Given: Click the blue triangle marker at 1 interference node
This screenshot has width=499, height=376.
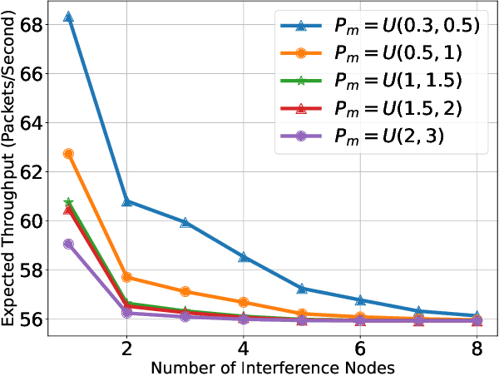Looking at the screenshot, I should pyautogui.click(x=68, y=17).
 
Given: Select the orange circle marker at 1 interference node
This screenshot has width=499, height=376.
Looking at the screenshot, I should pyautogui.click(x=68, y=154).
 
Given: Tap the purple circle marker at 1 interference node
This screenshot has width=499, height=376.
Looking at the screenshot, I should pyautogui.click(x=68, y=244).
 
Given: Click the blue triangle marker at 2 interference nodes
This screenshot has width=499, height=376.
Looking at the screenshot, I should pyautogui.click(x=126, y=201).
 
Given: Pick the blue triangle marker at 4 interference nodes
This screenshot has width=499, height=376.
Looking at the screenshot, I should pyautogui.click(x=244, y=257).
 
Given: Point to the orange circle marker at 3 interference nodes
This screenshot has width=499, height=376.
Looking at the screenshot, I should pyautogui.click(x=185, y=291).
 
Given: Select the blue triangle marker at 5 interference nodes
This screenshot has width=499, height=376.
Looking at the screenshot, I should pyautogui.click(x=302, y=289).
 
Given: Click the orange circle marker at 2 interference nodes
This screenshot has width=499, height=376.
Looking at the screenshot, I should pyautogui.click(x=126, y=277).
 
